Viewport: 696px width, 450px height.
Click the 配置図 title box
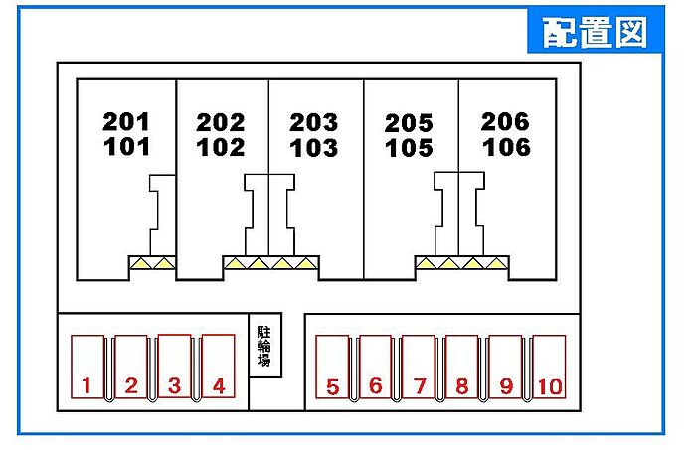point(594,32)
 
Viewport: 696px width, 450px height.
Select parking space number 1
point(88,367)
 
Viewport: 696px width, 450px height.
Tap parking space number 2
point(131,367)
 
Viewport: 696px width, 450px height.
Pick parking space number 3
point(174,367)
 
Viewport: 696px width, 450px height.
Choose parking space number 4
point(218,367)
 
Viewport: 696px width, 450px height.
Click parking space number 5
point(332,368)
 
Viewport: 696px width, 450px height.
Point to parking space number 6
point(376,368)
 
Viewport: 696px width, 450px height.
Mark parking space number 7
point(420,368)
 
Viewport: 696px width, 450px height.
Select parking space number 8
point(462,368)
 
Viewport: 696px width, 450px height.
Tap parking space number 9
point(505,368)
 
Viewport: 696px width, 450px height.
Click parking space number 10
point(549,368)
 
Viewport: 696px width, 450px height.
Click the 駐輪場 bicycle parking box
point(264,346)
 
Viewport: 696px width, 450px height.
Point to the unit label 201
point(126,123)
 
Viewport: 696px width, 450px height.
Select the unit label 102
point(221,148)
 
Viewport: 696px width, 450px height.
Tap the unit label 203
point(314,123)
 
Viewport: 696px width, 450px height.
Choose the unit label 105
point(410,149)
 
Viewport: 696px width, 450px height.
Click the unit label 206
point(505,122)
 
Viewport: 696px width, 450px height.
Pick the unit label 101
point(126,147)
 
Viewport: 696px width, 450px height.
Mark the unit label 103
point(314,148)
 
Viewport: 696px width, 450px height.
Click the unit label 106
point(506,148)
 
